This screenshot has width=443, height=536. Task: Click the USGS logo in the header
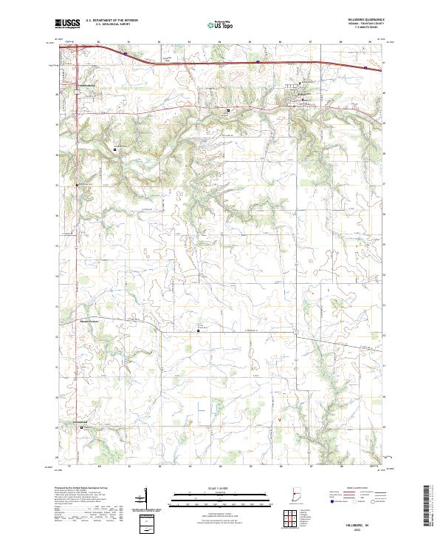(x=67, y=24)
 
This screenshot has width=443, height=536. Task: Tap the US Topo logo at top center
(x=215, y=24)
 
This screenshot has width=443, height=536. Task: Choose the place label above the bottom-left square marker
(x=80, y=422)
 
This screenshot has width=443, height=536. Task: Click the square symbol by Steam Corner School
(x=198, y=331)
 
